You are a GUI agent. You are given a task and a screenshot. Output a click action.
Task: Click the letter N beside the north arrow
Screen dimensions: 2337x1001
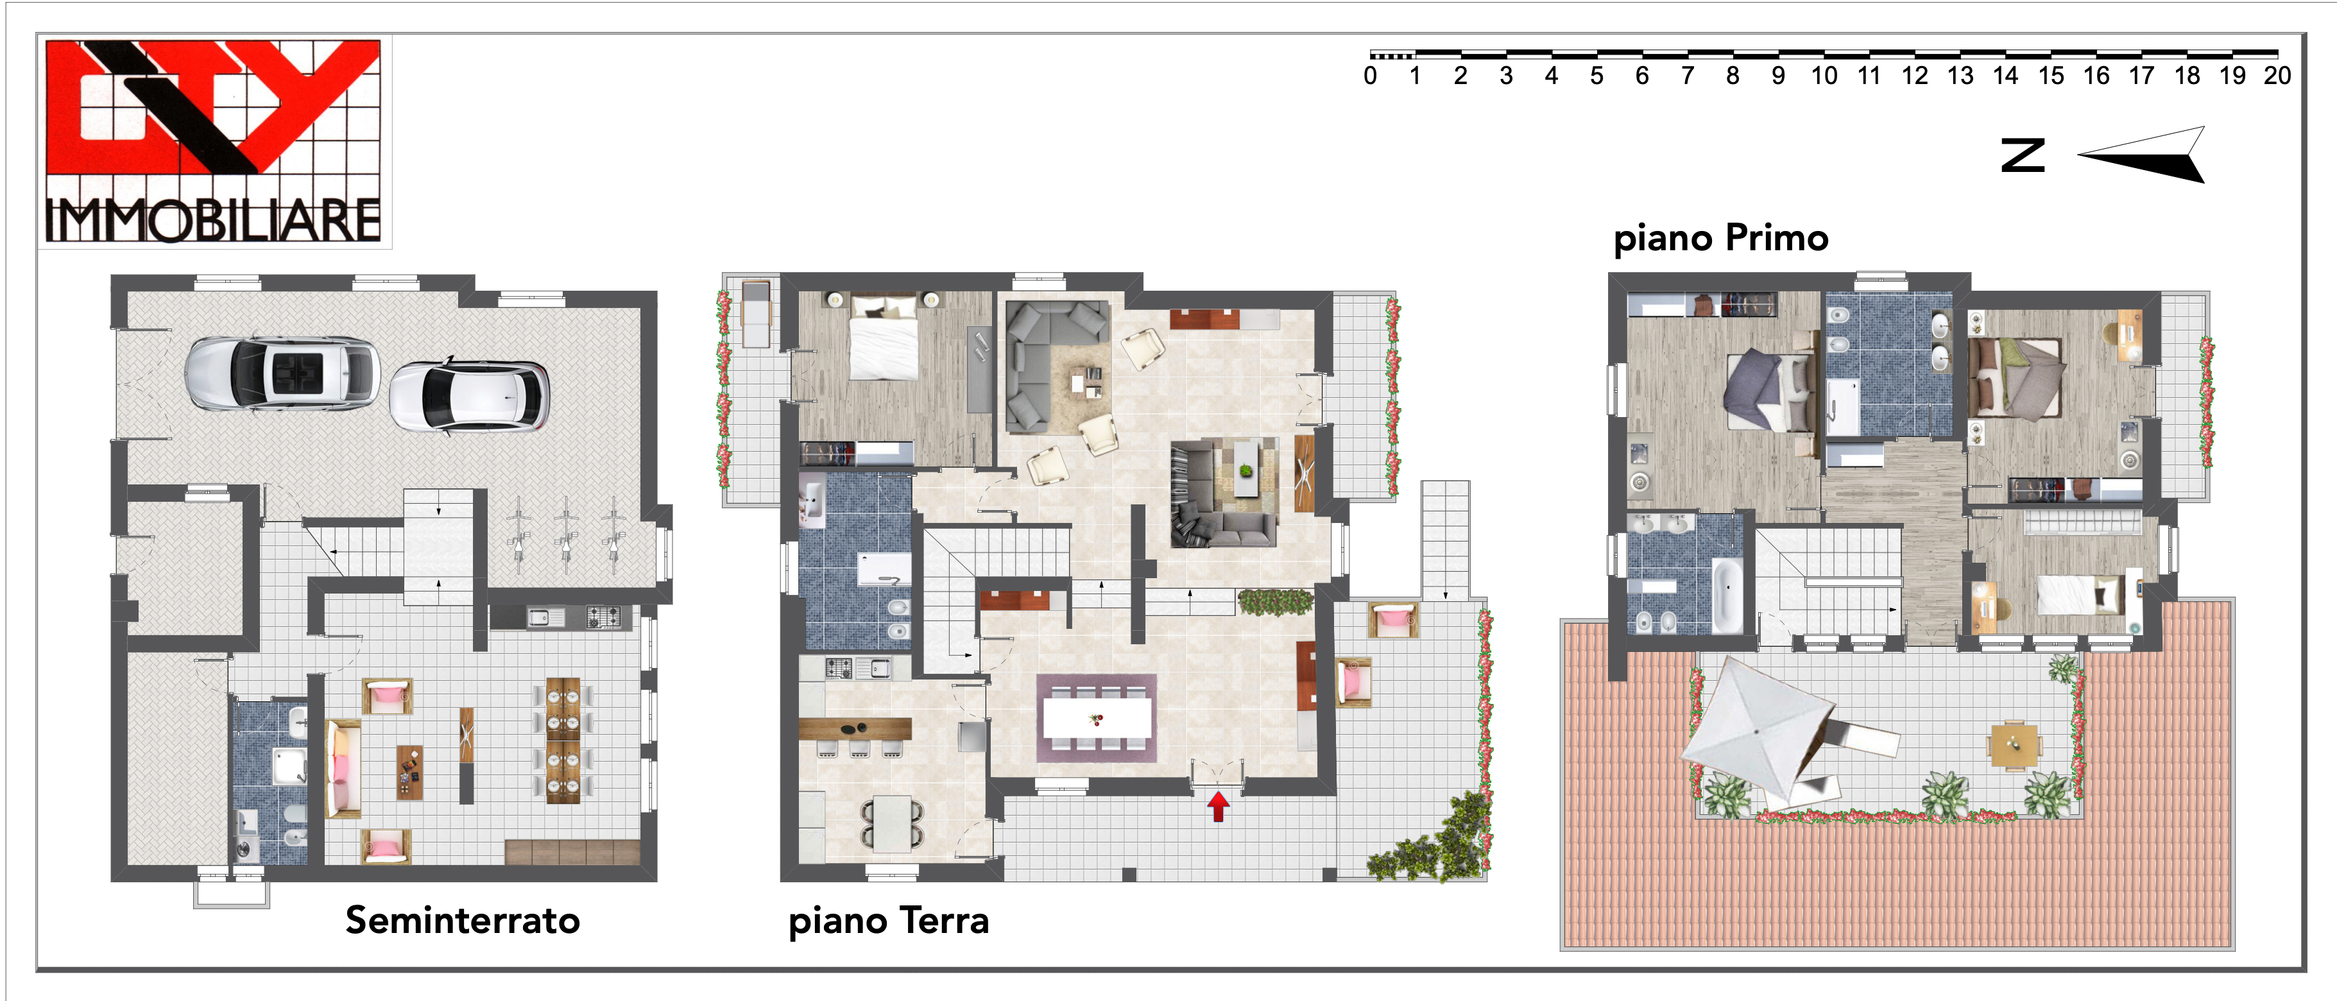2023,155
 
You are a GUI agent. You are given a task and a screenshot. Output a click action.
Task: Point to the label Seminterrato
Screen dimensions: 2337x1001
463,920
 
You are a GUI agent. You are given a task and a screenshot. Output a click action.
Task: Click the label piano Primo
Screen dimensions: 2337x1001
1721,239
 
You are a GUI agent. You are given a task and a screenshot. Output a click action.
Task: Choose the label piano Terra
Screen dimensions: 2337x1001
889,921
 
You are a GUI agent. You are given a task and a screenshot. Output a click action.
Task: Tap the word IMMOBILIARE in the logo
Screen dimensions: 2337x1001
213,221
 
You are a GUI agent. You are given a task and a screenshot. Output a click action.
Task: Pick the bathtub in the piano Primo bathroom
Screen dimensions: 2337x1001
1726,595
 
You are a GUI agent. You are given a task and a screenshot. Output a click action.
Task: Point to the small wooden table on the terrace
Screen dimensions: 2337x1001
2014,744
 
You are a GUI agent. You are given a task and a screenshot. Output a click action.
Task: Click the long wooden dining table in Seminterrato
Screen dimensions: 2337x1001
563,740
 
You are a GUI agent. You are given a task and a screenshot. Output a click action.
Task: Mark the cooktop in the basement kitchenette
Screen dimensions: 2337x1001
603,617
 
